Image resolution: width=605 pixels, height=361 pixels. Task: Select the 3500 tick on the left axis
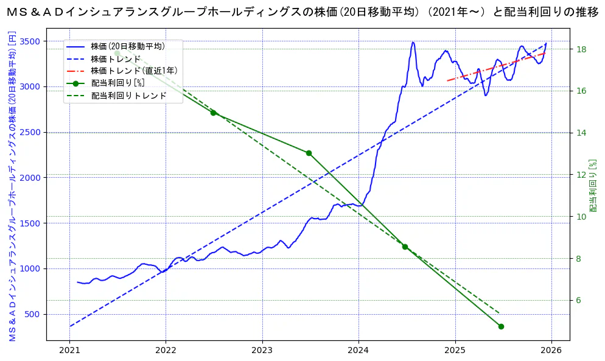30,41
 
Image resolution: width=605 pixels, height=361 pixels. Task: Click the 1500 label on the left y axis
30,223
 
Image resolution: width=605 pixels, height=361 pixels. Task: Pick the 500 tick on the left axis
32,314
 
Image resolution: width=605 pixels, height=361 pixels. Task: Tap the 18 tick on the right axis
581,49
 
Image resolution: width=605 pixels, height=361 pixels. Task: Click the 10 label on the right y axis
581,217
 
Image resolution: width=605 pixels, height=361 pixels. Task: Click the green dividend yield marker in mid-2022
213,113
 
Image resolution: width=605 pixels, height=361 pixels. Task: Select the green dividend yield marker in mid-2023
309,153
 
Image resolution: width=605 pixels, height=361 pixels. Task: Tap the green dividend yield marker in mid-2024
405,247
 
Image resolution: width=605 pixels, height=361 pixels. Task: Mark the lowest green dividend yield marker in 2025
501,326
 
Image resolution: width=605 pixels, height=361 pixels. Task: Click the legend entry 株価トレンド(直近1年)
134,71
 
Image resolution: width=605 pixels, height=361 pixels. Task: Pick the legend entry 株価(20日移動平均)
128,46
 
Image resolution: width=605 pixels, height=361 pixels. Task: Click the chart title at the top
302,12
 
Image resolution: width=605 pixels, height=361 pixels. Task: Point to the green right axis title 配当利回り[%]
593,186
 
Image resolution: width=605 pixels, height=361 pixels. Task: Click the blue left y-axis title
12,186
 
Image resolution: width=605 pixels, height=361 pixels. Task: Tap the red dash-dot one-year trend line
496,67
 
